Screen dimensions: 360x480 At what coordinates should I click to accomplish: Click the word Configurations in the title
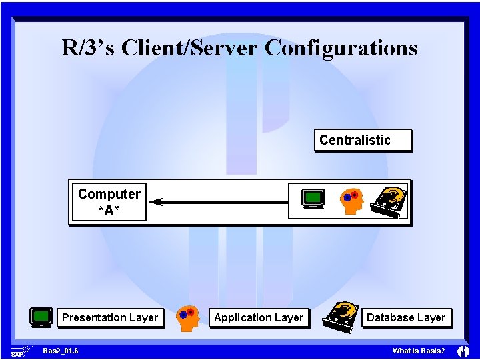click(341, 48)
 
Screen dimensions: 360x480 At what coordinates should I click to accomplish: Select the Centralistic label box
click(363, 140)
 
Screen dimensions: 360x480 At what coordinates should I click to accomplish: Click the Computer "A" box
click(109, 202)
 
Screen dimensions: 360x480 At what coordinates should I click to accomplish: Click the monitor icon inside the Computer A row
click(313, 199)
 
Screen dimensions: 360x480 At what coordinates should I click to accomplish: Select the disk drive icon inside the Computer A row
click(389, 200)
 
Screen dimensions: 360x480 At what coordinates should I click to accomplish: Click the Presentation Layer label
click(110, 317)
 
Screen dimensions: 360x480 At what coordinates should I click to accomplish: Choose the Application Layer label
click(259, 317)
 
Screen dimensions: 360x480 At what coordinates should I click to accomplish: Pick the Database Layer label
click(405, 317)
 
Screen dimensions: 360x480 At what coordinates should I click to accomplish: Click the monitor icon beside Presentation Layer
click(41, 317)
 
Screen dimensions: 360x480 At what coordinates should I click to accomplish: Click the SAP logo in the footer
click(19, 351)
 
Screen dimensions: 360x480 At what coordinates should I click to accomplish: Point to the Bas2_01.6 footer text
click(60, 351)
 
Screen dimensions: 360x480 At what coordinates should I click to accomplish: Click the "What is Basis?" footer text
click(419, 351)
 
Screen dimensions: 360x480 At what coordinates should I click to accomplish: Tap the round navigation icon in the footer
click(463, 351)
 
